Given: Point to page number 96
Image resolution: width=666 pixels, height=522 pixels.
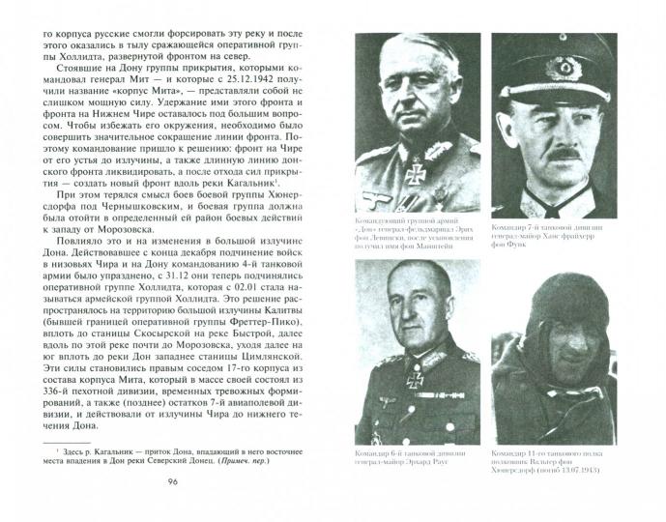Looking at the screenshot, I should [x=174, y=509].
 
